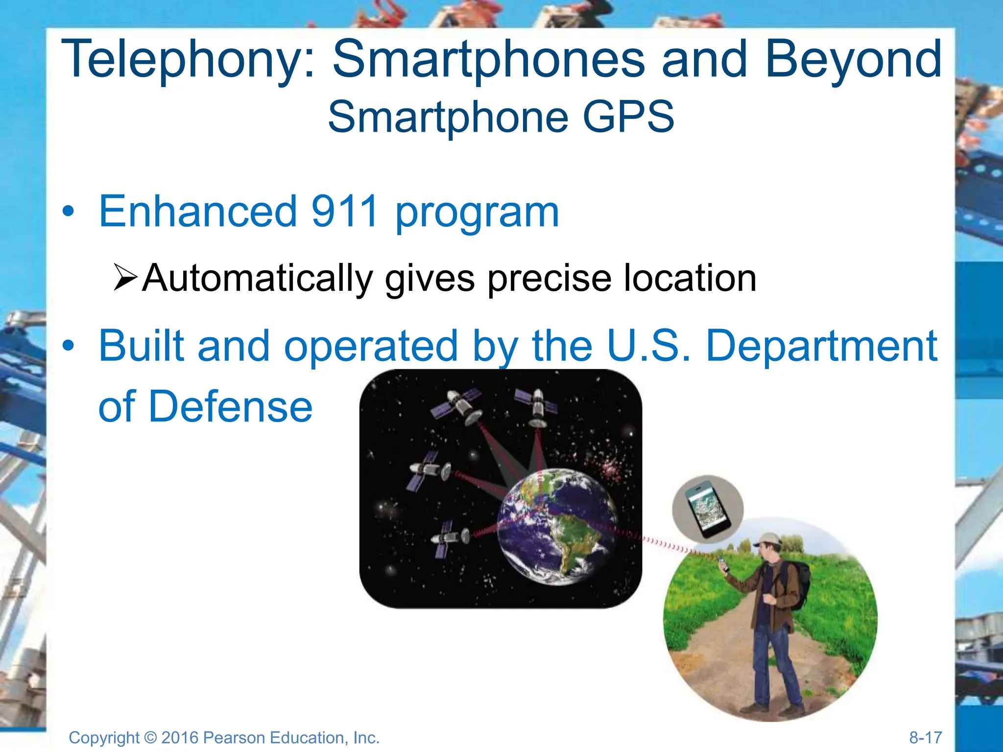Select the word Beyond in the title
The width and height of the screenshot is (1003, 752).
(x=853, y=60)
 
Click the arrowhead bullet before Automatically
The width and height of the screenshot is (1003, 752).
(x=125, y=277)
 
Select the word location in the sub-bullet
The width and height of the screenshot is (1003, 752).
(x=690, y=278)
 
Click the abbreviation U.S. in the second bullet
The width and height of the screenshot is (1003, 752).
(x=648, y=346)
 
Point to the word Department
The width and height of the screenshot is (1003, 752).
(x=821, y=347)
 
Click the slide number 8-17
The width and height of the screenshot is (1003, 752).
(x=925, y=737)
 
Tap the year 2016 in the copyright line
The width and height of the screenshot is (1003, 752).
(x=179, y=738)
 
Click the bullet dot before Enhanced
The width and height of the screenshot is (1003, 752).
(x=69, y=211)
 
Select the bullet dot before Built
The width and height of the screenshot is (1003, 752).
(x=69, y=346)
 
